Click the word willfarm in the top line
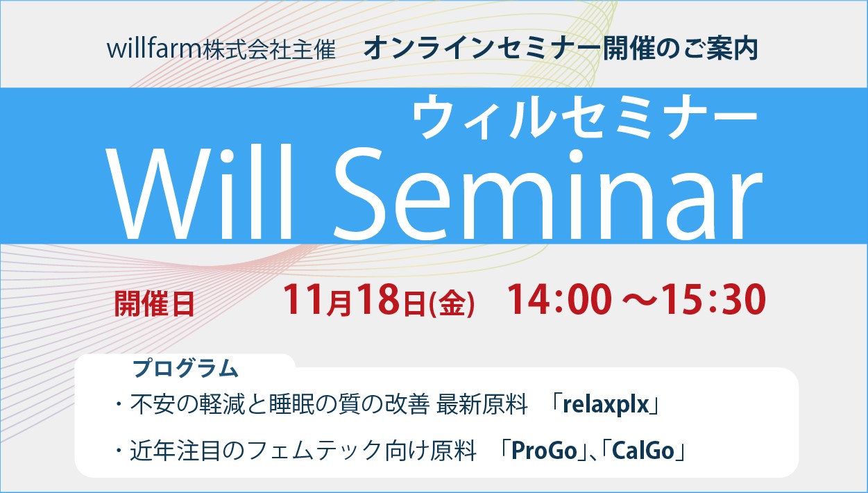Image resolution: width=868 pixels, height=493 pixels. click(x=154, y=49)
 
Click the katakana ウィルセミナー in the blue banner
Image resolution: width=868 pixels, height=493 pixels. click(x=585, y=117)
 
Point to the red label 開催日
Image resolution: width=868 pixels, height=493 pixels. click(x=154, y=305)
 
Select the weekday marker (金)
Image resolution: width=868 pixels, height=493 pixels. click(x=452, y=303)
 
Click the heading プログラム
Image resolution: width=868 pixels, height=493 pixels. click(x=185, y=369)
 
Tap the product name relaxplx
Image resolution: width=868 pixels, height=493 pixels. click(x=606, y=405)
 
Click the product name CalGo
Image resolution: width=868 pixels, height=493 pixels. click(x=643, y=451)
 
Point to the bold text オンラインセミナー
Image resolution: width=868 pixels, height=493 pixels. click(x=482, y=49)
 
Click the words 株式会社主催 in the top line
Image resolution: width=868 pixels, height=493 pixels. click(x=269, y=50)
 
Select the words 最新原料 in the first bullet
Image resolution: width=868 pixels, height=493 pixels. click(x=482, y=405)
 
